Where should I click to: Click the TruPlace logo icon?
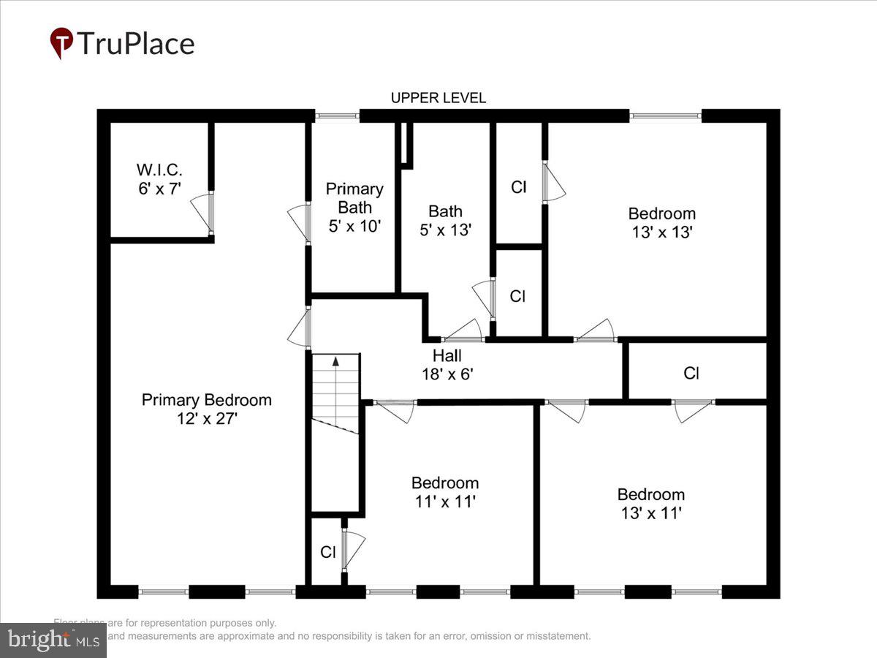coord(61,43)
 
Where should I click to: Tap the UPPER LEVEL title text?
coord(438,98)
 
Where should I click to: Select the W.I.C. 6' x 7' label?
coord(159,178)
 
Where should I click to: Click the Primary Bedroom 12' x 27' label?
coord(206,409)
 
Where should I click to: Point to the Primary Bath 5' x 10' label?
coord(354,208)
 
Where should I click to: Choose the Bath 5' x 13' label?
coord(445,219)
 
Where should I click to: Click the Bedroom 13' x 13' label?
coord(661,222)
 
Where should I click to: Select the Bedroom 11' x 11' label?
coord(445,492)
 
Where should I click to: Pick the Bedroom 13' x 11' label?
coord(651,503)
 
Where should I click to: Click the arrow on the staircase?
coord(335,361)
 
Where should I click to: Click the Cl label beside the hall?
coord(691,373)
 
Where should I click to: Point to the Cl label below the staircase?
coord(327,552)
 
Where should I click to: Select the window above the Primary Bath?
coord(337,116)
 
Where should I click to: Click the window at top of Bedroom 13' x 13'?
coord(665,116)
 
